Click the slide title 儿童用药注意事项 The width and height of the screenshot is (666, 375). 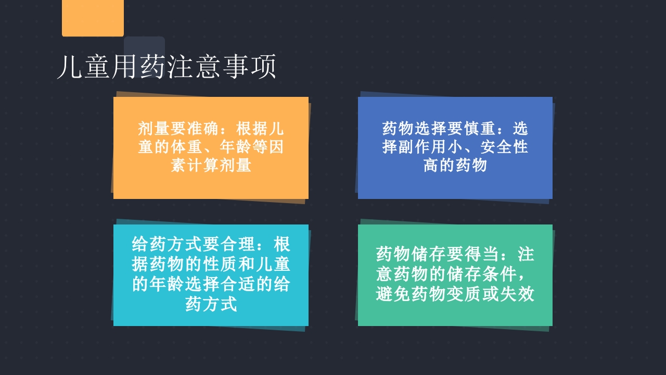point(166,67)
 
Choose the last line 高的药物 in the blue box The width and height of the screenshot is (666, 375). point(455,166)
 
